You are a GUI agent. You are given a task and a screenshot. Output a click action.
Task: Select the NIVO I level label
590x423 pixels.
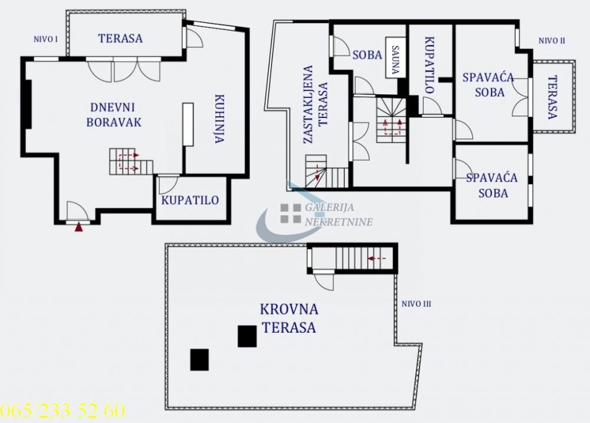[45, 40]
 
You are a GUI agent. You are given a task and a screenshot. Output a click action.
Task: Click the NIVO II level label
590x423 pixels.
[552, 41]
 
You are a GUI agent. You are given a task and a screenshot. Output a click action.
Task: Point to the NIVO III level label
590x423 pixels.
[417, 304]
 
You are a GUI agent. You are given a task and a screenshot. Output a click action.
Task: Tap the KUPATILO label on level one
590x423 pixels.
[190, 200]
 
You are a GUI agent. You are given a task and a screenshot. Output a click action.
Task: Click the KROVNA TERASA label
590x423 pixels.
[289, 318]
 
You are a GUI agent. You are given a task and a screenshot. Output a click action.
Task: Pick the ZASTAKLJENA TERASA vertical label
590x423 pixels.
[315, 104]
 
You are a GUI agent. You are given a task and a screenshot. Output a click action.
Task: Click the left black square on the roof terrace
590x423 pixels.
[199, 359]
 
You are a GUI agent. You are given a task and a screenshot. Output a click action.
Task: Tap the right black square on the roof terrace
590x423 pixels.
[247, 336]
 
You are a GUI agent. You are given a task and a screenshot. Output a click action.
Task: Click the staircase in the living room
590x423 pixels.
[130, 162]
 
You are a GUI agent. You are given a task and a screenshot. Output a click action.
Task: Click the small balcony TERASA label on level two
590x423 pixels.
[552, 97]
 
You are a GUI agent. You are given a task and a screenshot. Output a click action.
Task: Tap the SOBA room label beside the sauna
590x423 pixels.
[367, 55]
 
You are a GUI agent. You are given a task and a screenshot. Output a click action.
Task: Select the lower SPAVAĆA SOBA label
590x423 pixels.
[491, 185]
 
